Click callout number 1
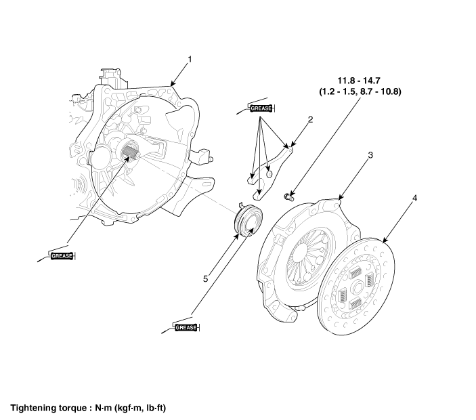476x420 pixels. point(190,60)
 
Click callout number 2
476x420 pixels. point(309,120)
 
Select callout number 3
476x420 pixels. point(370,155)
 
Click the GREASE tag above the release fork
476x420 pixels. point(261,108)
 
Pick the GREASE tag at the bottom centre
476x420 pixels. point(186,327)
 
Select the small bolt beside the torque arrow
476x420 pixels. point(287,196)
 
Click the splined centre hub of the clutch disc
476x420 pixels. point(354,283)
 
